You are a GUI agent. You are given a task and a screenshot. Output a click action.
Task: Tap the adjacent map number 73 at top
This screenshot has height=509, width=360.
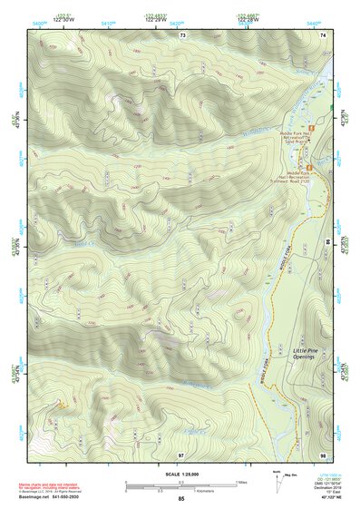coord(182,34)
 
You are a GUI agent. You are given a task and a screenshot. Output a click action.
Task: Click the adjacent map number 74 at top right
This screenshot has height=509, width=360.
coord(323,34)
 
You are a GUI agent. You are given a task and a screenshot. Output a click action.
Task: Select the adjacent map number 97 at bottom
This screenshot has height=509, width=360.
coord(182,454)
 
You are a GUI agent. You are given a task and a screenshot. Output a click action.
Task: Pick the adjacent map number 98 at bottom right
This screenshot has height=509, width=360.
coord(323,454)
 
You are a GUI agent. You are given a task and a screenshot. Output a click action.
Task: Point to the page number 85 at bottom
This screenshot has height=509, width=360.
coord(181,498)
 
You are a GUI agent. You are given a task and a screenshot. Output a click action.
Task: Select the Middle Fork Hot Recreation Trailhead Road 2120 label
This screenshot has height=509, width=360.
coord(306,175)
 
